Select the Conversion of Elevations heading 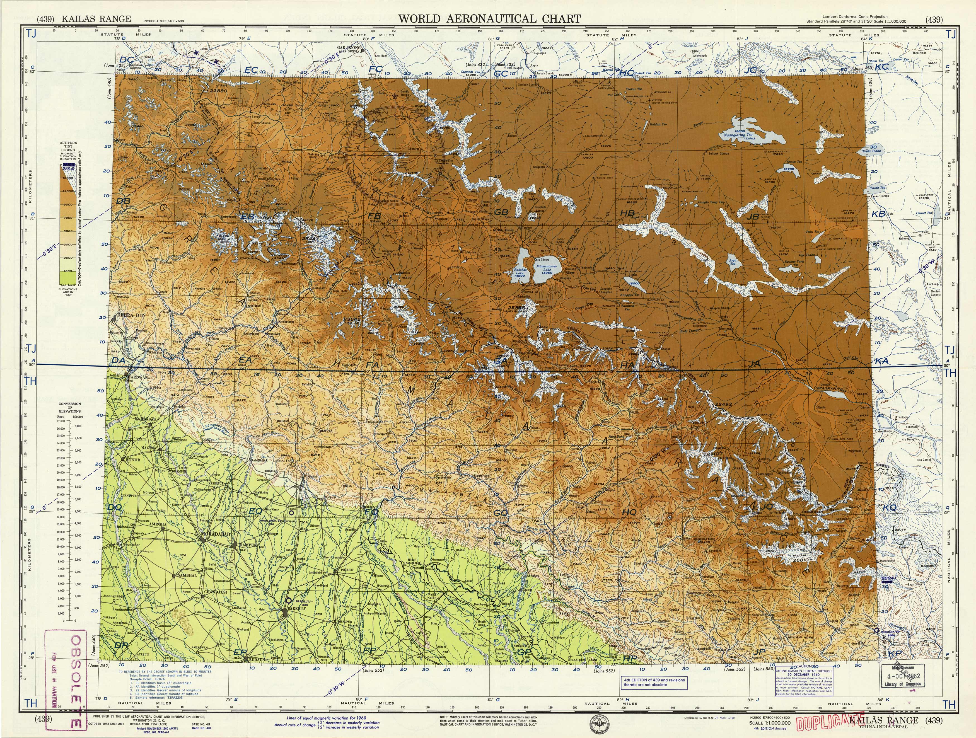coord(70,407)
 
